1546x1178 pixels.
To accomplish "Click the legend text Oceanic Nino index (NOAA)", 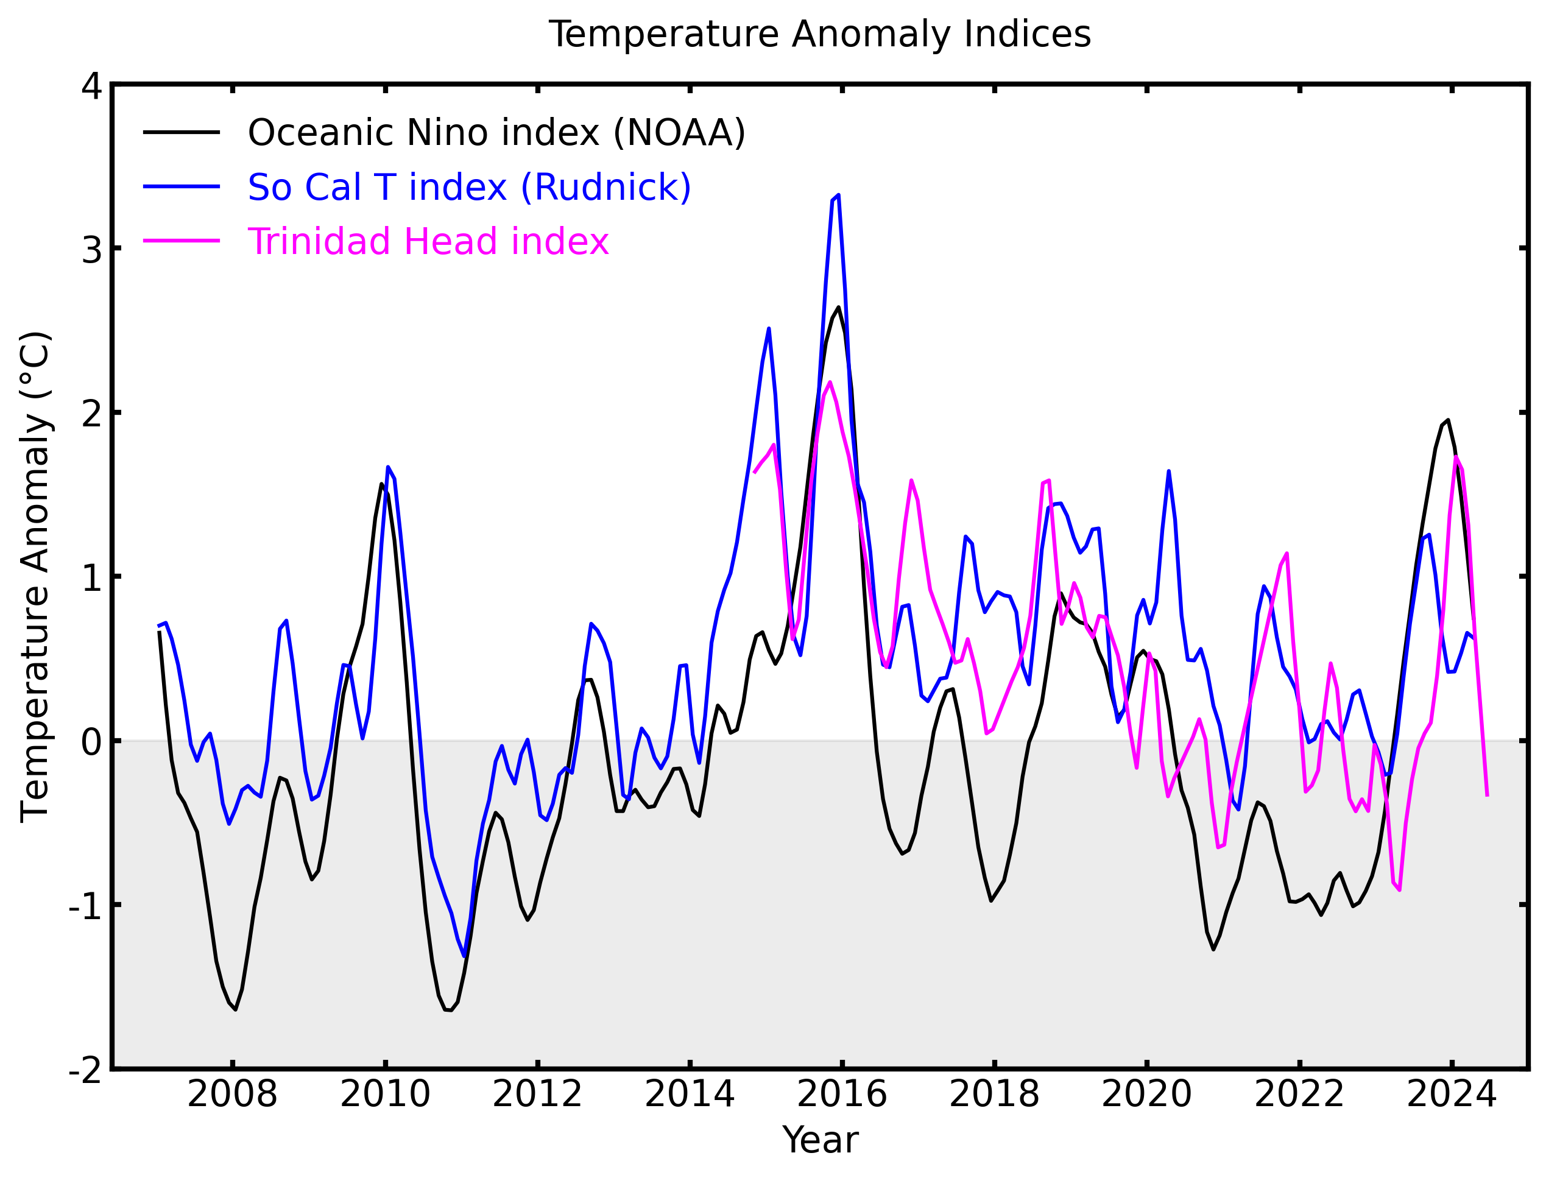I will pyautogui.click(x=496, y=133).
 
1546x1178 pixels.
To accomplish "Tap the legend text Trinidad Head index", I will pyautogui.click(x=428, y=241).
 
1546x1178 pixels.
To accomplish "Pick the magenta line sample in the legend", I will pyautogui.click(x=182, y=241).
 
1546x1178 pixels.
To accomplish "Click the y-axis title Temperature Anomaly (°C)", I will pyautogui.click(x=35, y=576).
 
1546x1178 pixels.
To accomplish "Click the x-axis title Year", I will pyautogui.click(x=820, y=1140).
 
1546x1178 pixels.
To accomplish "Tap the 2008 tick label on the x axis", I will pyautogui.click(x=232, y=1095).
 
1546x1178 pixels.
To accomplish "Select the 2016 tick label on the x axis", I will pyautogui.click(x=841, y=1095).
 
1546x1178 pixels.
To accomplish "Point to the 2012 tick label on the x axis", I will pyautogui.click(x=537, y=1095).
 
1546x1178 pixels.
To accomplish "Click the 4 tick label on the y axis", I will pyautogui.click(x=92, y=86).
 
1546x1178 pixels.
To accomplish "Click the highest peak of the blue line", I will pyautogui.click(x=839, y=196).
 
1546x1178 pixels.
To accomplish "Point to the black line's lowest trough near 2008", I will pyautogui.click(x=236, y=1009).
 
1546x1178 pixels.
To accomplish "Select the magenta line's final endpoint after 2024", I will pyautogui.click(x=1486, y=797).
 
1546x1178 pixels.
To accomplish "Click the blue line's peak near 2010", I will pyautogui.click(x=388, y=467).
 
